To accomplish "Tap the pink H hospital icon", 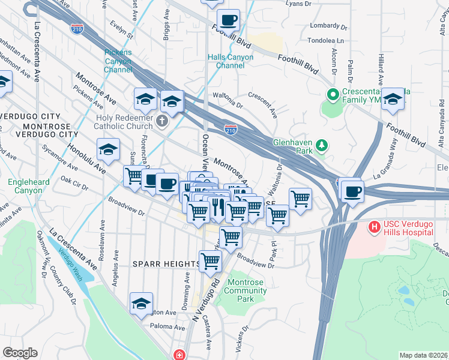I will pyautogui.click(x=374, y=227).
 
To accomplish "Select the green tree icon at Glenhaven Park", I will pyautogui.click(x=322, y=145).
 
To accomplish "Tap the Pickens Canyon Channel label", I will pyautogui.click(x=118, y=61).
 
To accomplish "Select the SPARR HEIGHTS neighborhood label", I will pyautogui.click(x=167, y=264).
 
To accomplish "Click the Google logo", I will pyautogui.click(x=20, y=353).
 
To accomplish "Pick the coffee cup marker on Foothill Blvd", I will pyautogui.click(x=228, y=20).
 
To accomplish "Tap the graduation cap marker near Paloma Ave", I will pyautogui.click(x=141, y=303).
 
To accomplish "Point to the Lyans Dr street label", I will pyautogui.click(x=300, y=4).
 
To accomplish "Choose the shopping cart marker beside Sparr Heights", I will pyautogui.click(x=210, y=261).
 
